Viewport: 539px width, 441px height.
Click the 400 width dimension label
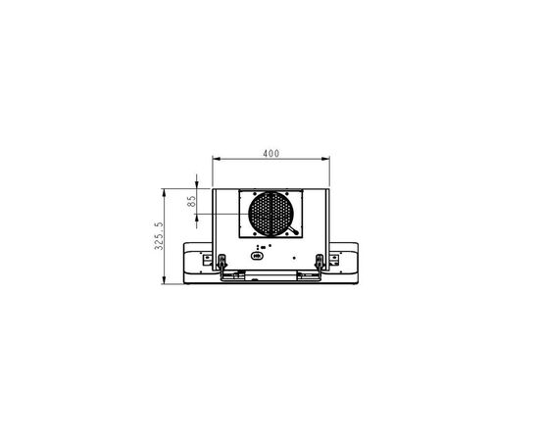tap(271, 153)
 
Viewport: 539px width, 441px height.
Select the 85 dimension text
tap(192, 201)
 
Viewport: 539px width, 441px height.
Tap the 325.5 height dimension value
tap(159, 236)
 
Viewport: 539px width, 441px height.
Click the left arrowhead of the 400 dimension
tap(217, 159)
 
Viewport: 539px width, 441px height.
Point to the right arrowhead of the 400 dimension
tap(325, 159)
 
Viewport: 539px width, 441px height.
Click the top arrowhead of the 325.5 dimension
tap(165, 192)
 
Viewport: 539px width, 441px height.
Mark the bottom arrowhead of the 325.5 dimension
tap(165, 280)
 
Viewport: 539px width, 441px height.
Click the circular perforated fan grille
tap(270, 214)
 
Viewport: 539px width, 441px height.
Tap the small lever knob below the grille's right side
tap(296, 232)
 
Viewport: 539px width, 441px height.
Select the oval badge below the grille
tap(257, 256)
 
